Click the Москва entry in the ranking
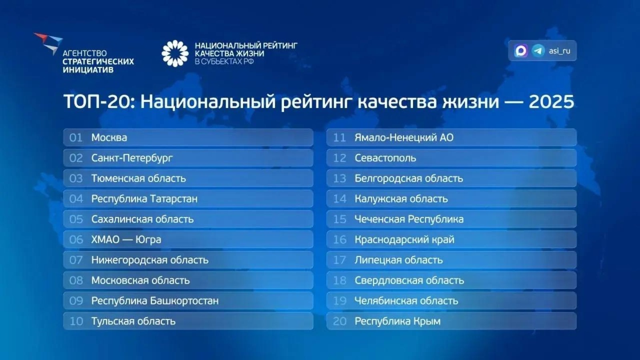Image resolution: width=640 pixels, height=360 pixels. pos(109,138)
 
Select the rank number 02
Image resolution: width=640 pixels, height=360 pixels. pos(76,158)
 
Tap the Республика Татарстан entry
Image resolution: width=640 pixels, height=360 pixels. pos(144,199)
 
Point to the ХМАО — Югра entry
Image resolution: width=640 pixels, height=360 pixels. pos(126,240)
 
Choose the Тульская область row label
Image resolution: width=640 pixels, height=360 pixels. pos(133,321)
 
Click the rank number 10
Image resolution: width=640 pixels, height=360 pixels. pos(76,321)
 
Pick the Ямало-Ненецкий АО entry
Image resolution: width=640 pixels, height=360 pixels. pos(404,138)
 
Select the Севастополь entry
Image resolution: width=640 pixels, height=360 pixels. pos(385,158)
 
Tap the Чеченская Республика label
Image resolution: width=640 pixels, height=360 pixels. pos(409,219)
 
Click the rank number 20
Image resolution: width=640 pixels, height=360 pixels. pos(340,321)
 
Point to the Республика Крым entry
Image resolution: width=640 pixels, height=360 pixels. pos(397,321)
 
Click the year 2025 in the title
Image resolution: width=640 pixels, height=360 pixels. pos(551,102)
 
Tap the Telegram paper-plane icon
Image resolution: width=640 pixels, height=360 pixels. pos(538,51)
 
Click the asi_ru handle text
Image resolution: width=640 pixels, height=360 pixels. pos(560,51)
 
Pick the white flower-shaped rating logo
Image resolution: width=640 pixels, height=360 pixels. pos(175,54)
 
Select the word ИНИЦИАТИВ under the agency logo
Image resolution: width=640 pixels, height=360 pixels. pos(88,70)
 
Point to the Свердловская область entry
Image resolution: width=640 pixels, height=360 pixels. pos(409,280)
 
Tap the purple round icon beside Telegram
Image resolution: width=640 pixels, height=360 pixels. pos(521,51)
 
